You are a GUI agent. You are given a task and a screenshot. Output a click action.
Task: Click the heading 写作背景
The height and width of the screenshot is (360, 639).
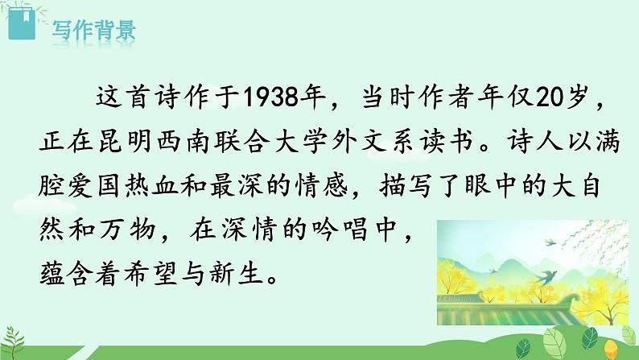point(93,32)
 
